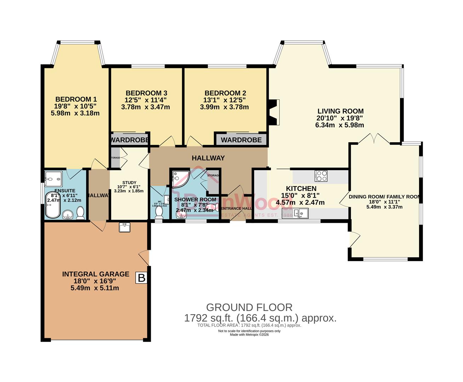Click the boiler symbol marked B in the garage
pyautogui.click(x=142, y=278)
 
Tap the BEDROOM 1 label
pyautogui.click(x=76, y=99)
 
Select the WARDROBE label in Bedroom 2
pyautogui.click(x=241, y=140)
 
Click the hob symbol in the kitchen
pyautogui.click(x=321, y=176)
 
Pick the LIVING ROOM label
pyautogui.click(x=340, y=111)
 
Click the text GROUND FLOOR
pyautogui.click(x=249, y=307)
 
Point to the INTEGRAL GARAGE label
pyautogui.click(x=96, y=274)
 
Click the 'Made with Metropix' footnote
pyautogui.click(x=249, y=335)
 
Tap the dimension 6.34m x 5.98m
pyautogui.click(x=340, y=125)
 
